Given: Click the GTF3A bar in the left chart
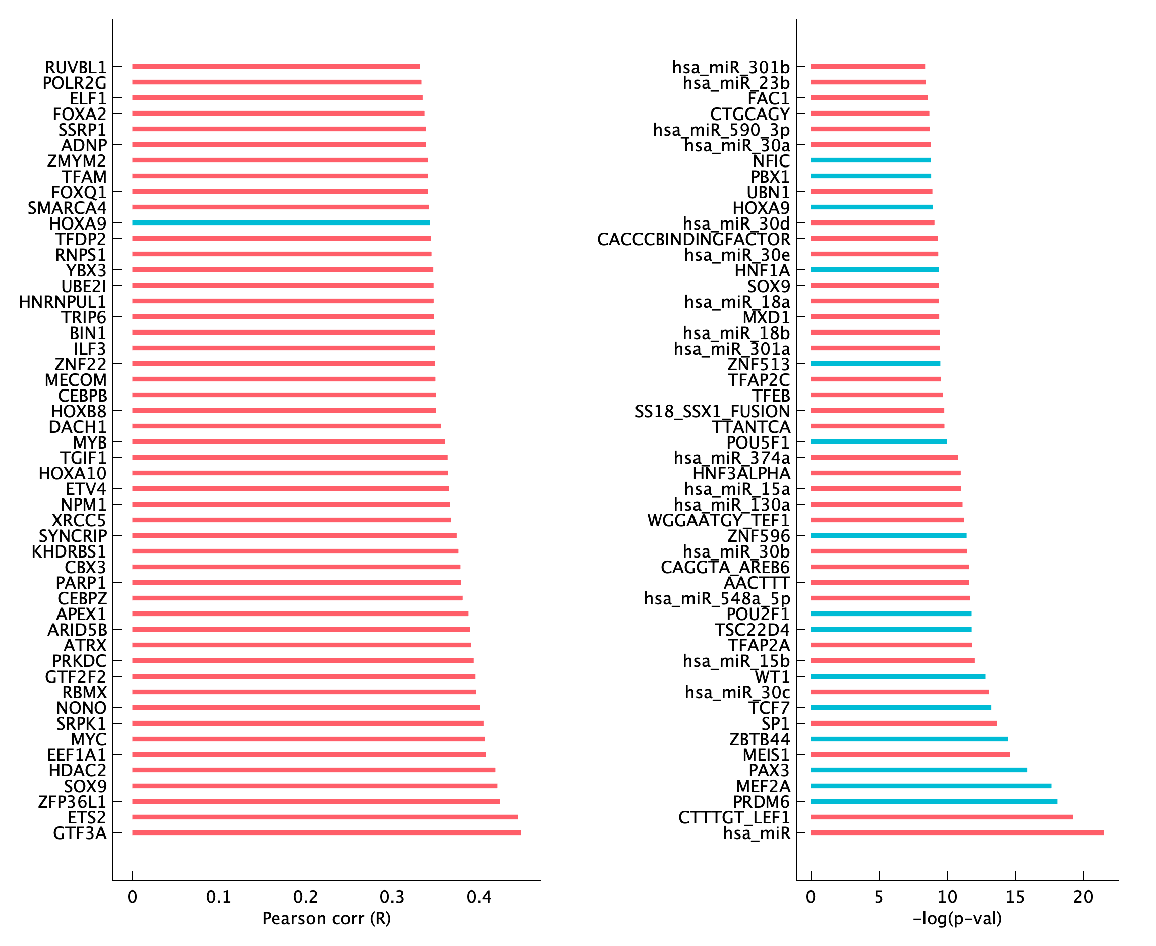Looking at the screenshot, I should (326, 832).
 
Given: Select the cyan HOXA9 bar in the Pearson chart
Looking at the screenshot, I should (280, 223).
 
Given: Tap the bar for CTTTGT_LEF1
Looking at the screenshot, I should (941, 817).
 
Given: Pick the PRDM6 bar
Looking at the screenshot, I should (934, 802).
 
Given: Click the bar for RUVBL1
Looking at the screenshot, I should (276, 67).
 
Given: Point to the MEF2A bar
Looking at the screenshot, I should (931, 786).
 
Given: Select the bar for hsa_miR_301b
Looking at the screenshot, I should (868, 67).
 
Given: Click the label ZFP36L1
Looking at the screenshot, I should (72, 802).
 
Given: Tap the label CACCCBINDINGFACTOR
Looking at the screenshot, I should (693, 239).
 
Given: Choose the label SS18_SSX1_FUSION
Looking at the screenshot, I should (712, 411).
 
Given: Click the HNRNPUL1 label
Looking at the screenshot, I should (63, 301).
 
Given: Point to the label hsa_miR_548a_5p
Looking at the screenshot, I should (716, 598).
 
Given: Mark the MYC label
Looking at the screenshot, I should (89, 739).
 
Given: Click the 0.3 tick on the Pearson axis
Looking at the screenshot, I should (392, 897).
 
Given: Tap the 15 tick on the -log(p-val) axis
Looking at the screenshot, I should (1015, 897).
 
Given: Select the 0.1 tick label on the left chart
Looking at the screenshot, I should (218, 897).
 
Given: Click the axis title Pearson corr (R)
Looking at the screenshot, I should (326, 919).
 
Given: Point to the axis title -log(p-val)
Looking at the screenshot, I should (957, 919).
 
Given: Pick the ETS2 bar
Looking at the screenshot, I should (325, 817).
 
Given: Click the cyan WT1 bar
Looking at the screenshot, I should (897, 676).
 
